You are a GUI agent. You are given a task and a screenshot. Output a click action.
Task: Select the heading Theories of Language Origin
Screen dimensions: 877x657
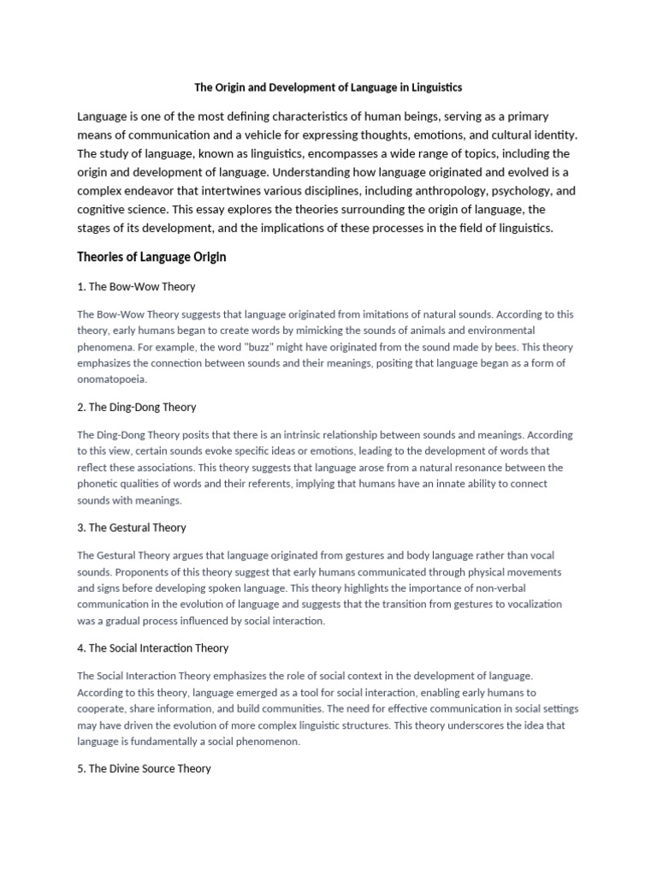tap(151, 257)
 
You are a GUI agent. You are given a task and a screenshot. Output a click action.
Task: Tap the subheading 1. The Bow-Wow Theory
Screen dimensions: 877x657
tap(137, 287)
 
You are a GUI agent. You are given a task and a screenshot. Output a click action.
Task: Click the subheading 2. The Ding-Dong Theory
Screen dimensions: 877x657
tap(137, 407)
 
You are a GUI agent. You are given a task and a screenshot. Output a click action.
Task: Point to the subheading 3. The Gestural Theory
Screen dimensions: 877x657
tap(132, 528)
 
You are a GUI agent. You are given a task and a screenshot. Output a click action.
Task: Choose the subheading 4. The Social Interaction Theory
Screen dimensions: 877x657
tap(153, 648)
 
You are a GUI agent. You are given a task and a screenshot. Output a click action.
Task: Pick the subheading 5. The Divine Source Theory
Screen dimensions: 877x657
tap(144, 768)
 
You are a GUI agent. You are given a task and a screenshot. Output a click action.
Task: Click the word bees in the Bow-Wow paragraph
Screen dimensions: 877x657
tap(462, 348)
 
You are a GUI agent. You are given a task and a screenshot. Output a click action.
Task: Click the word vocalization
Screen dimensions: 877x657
tap(530, 604)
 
